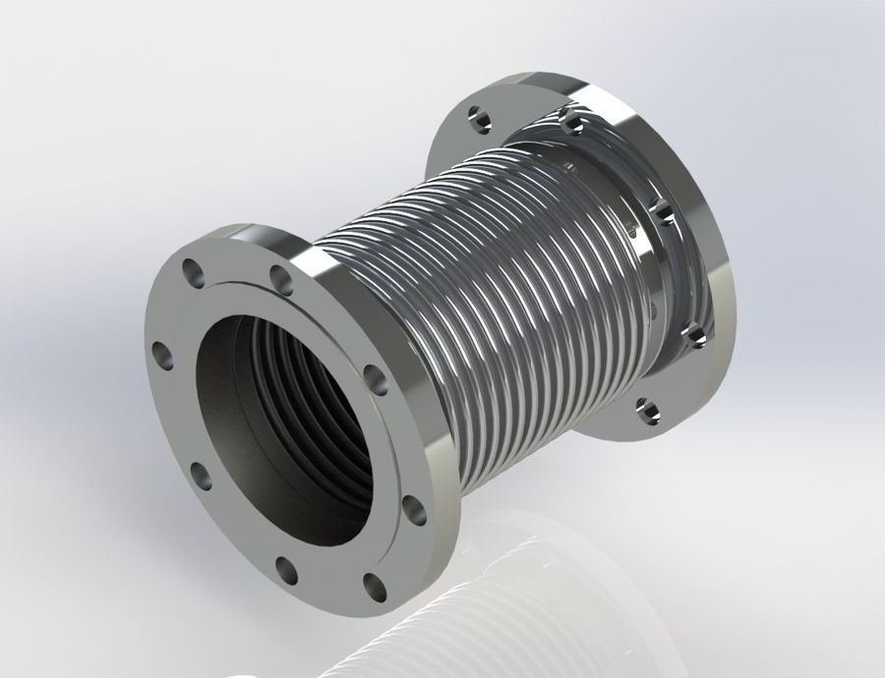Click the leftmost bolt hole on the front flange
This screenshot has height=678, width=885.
coord(157,351)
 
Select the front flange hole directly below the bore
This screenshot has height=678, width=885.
coord(286,567)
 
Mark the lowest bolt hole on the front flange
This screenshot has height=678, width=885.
coord(374,587)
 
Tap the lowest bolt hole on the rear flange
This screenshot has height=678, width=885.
coord(644,405)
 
